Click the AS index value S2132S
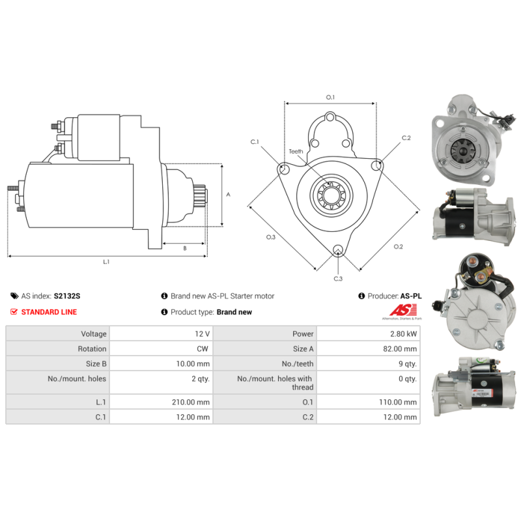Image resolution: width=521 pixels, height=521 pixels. (67, 296)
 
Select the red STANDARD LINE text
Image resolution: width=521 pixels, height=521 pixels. (49, 312)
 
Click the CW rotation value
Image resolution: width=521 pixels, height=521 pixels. (203, 349)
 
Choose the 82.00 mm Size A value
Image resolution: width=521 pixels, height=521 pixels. (400, 349)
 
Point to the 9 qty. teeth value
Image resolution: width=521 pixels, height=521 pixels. (408, 364)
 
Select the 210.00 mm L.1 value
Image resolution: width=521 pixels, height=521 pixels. (191, 402)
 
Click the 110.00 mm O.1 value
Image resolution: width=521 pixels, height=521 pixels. (398, 402)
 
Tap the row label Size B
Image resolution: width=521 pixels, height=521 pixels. (96, 364)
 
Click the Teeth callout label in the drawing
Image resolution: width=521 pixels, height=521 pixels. (296, 152)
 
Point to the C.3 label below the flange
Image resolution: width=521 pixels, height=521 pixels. (338, 279)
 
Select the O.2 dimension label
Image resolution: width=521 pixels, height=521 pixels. (398, 247)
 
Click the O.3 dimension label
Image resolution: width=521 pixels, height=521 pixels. (271, 237)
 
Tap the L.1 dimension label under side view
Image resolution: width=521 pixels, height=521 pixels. (106, 262)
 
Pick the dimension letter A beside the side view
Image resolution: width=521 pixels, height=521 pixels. (229, 194)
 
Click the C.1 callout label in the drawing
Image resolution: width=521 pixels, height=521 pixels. (255, 142)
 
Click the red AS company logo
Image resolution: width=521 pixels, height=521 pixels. (403, 310)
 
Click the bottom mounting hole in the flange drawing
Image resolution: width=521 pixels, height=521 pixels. (338, 250)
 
